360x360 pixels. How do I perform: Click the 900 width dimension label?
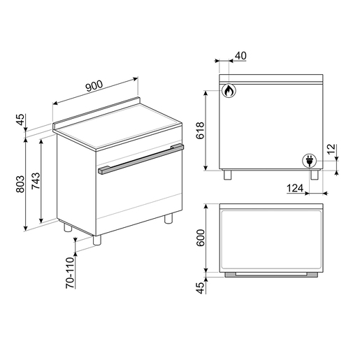click(x=94, y=85)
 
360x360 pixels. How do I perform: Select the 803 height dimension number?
click(x=20, y=184)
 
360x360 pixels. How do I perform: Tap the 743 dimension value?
click(x=36, y=180)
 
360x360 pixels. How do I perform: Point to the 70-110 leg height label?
click(x=70, y=273)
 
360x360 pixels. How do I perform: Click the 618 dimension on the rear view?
click(x=200, y=130)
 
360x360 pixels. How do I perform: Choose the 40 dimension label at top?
click(x=240, y=56)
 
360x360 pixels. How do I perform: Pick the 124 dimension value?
click(x=295, y=188)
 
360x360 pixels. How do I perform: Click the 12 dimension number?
click(x=331, y=149)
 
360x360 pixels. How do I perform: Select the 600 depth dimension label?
click(x=201, y=238)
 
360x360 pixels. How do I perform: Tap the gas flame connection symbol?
click(x=229, y=90)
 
